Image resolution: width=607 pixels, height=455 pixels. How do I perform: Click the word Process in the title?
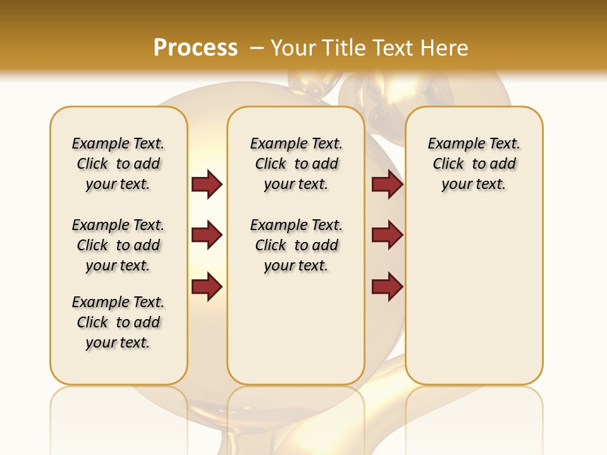tap(195, 48)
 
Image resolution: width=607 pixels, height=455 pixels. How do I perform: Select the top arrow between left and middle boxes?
tap(207, 184)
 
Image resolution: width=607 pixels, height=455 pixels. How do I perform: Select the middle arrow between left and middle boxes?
tap(207, 235)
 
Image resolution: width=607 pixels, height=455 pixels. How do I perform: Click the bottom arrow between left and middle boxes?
tap(207, 286)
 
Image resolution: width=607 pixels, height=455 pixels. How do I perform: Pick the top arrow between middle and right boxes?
tap(387, 184)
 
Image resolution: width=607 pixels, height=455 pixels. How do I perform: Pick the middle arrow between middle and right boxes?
tap(387, 235)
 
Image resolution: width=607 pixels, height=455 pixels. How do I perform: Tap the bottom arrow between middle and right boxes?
tap(387, 286)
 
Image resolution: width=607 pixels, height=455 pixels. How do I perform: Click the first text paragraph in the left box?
tap(118, 164)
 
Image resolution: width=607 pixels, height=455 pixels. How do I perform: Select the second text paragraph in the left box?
tap(118, 245)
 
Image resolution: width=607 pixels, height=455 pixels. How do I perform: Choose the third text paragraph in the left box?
tap(118, 322)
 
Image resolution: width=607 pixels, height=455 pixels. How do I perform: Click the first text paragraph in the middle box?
tap(296, 164)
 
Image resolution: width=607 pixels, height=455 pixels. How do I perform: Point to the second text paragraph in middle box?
tap(296, 245)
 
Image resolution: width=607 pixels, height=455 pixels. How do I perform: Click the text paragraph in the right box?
tap(474, 164)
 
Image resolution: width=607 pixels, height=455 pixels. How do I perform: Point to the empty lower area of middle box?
tap(296, 329)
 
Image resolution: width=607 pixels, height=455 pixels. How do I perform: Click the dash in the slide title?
tap(257, 48)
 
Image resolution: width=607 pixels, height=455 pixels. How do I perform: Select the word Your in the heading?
tap(293, 48)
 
